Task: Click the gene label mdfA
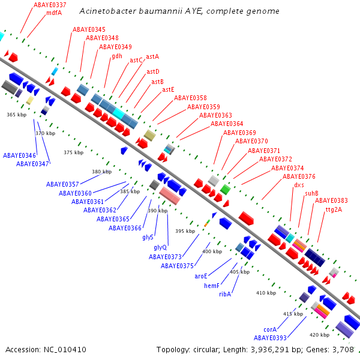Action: pyautogui.click(x=54, y=13)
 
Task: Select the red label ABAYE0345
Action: pyautogui.click(x=89, y=29)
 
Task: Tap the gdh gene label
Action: pyautogui.click(x=117, y=56)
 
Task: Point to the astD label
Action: pyautogui.click(x=153, y=71)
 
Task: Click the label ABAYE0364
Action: pyautogui.click(x=227, y=124)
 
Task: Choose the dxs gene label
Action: pyautogui.click(x=299, y=185)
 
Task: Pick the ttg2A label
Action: pyautogui.click(x=334, y=210)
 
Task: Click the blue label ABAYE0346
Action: pyautogui.click(x=19, y=155)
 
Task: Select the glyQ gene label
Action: pyautogui.click(x=160, y=248)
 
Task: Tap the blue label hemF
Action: pyautogui.click(x=212, y=286)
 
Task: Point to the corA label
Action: pyautogui.click(x=270, y=329)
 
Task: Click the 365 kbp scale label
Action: pyautogui.click(x=17, y=115)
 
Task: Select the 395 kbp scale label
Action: pyautogui.click(x=185, y=231)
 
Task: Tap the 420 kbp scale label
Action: pyautogui.click(x=319, y=335)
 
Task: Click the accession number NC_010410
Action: pyautogui.click(x=65, y=350)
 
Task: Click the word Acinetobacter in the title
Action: pyautogui.click(x=107, y=11)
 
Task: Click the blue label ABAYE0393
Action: pyautogui.click(x=270, y=338)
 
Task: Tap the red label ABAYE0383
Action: pyautogui.click(x=331, y=200)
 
